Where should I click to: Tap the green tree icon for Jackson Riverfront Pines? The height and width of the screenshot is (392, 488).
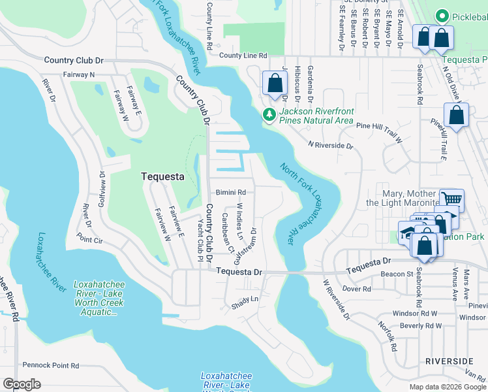tap(269, 115)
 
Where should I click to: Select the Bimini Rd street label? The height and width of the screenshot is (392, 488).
tap(231, 193)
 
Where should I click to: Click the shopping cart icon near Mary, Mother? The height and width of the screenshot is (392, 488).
tap(451, 200)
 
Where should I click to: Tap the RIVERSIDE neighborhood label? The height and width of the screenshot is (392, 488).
tap(449, 361)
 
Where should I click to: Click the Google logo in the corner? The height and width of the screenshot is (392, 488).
tap(22, 384)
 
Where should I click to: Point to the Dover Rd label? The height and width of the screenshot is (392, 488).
tap(356, 288)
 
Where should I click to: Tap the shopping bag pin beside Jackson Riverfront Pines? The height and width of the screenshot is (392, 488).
tap(274, 84)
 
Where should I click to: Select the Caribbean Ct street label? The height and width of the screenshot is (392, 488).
tap(228, 232)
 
